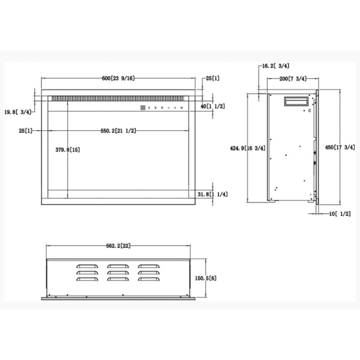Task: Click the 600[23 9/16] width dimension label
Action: tap(118, 78)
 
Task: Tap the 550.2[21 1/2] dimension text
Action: tap(118, 131)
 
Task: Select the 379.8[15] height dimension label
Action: tap(68, 150)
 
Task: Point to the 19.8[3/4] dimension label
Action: tap(18, 112)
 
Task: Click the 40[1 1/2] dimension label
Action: tap(213, 106)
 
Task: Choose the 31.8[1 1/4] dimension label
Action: tap(213, 194)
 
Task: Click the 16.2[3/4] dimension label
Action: tap(275, 66)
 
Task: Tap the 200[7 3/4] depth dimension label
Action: tap(293, 79)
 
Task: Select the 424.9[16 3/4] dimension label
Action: tap(248, 148)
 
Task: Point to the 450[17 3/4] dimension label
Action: tap(340, 147)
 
